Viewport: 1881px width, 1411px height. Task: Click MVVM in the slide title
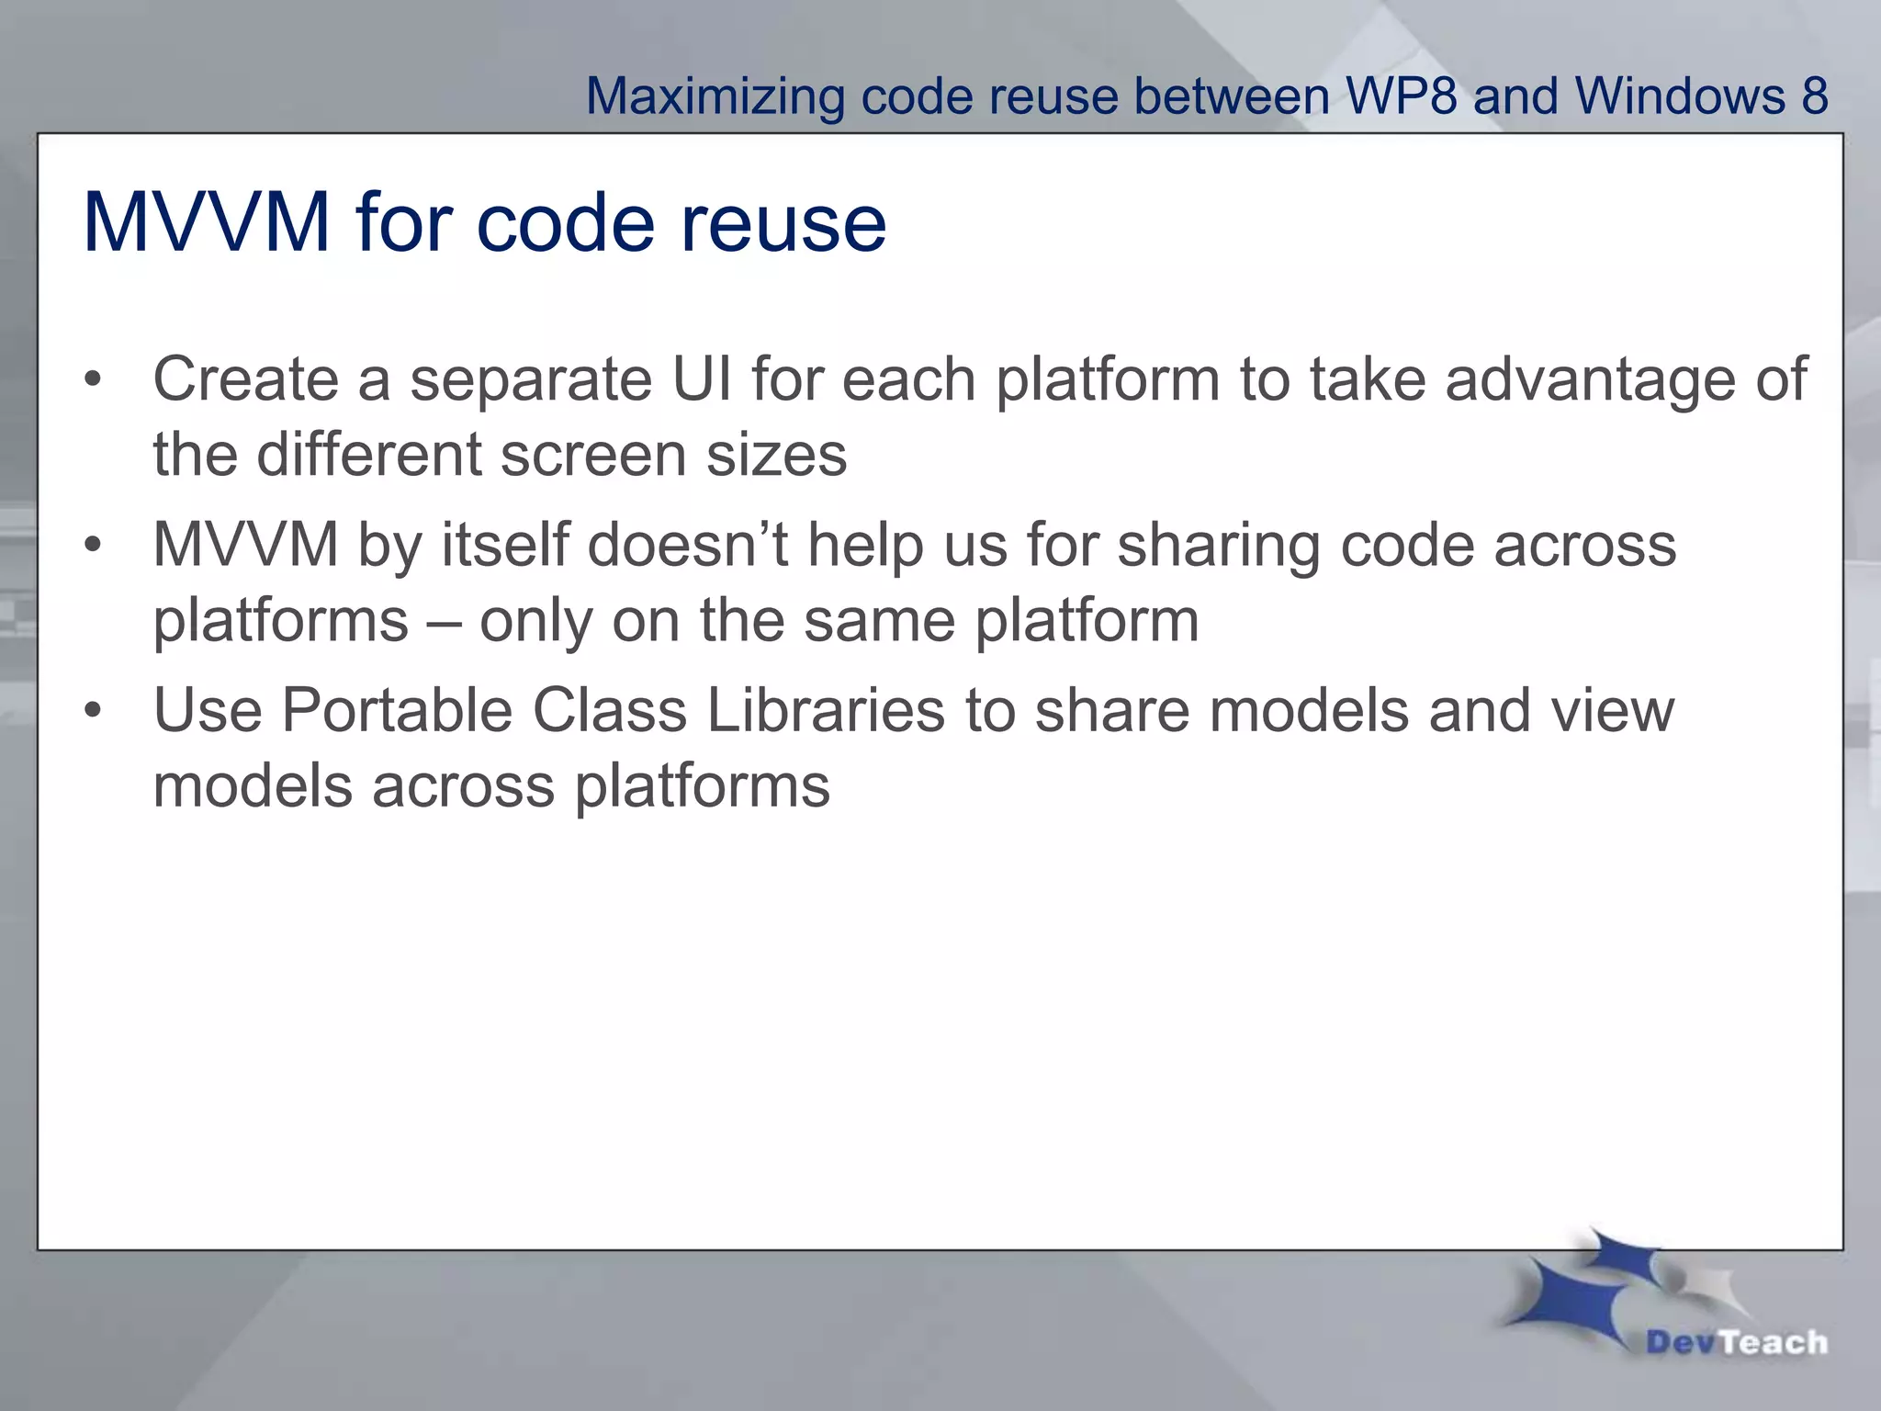(x=206, y=222)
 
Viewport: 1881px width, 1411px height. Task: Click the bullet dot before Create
(x=92, y=380)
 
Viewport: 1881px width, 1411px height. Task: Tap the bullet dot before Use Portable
(x=92, y=712)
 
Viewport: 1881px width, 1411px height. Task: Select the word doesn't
(x=687, y=544)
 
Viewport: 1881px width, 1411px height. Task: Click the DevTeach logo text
(x=1736, y=1342)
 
